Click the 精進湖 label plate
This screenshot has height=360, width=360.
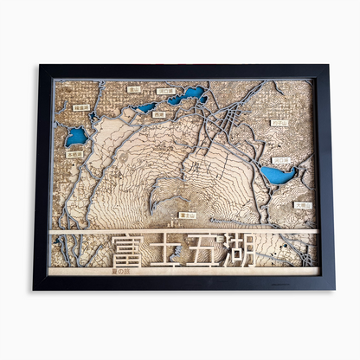click(x=81, y=108)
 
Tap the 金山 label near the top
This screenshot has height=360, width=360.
click(x=134, y=88)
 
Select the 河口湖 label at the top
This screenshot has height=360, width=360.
click(x=166, y=91)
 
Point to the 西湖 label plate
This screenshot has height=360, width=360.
click(x=158, y=113)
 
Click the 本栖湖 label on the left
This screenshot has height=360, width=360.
click(x=75, y=153)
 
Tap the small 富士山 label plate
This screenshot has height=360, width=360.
click(x=187, y=214)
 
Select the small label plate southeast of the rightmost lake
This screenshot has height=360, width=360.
click(x=302, y=205)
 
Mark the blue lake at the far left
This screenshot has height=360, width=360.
click(x=76, y=136)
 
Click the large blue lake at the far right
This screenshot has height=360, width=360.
click(x=279, y=176)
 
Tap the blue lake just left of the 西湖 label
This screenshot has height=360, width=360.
click(x=145, y=108)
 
